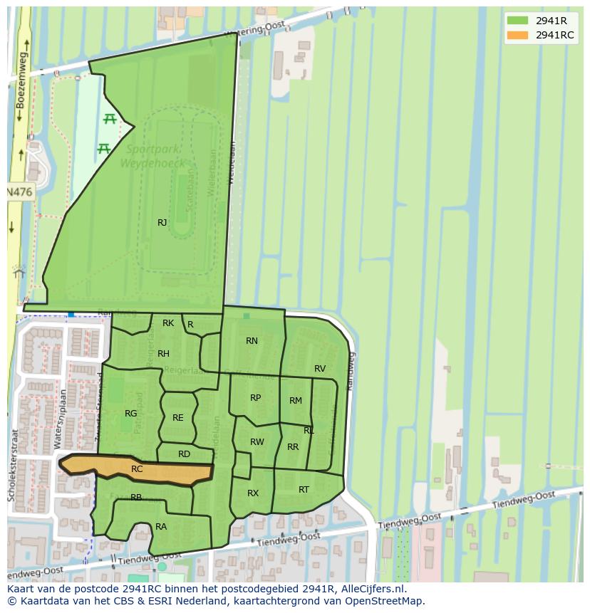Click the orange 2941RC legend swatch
(518, 36)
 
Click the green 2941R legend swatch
(518, 21)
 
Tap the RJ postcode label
(162, 223)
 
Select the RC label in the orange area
(137, 469)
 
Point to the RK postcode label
(168, 323)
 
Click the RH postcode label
(163, 354)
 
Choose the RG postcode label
(130, 414)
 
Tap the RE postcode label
(178, 418)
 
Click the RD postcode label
(184, 454)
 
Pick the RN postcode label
(252, 341)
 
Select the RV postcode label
(320, 369)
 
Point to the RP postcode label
(255, 398)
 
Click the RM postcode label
(296, 401)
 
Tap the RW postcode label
(257, 442)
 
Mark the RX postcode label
(253, 493)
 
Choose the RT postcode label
(304, 490)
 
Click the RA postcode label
(161, 527)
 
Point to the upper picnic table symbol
(110, 119)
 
